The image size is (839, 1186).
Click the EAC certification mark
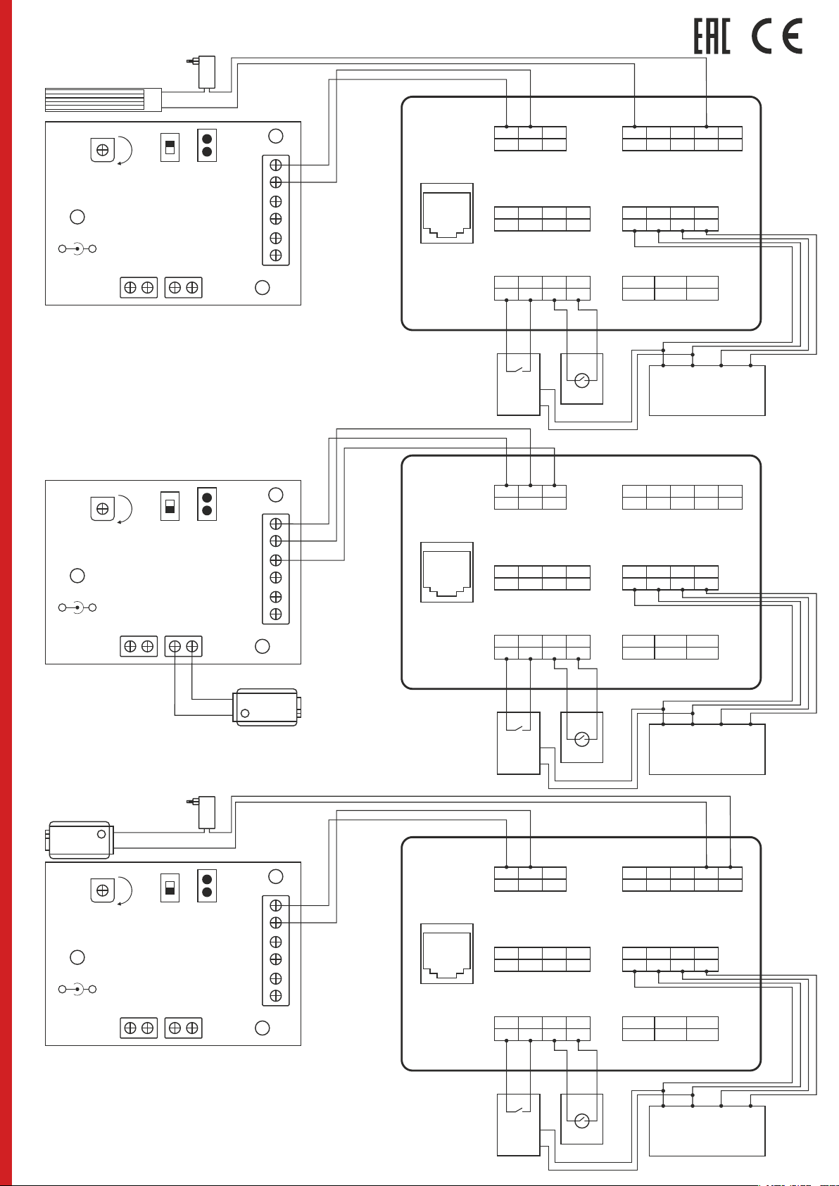(x=712, y=37)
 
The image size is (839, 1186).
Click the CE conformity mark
(x=777, y=37)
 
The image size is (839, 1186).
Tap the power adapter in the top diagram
(x=206, y=72)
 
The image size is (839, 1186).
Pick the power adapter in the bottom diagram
(x=206, y=812)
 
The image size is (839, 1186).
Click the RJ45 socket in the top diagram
(x=447, y=213)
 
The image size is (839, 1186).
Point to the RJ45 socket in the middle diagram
(x=447, y=572)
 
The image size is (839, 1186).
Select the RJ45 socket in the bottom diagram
(x=447, y=954)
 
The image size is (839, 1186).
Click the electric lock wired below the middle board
(x=266, y=707)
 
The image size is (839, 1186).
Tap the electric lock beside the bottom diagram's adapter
(x=80, y=840)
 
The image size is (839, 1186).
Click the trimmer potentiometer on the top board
(x=103, y=150)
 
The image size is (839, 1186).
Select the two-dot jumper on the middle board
(x=207, y=503)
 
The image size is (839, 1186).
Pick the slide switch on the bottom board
(x=170, y=888)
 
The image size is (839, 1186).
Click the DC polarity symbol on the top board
(x=77, y=248)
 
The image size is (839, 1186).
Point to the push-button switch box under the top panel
(x=518, y=384)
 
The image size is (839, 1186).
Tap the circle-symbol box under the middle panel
(x=581, y=738)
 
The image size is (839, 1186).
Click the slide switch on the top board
(x=170, y=147)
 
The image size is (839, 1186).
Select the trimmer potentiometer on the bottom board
(x=103, y=890)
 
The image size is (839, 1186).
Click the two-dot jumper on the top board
(x=207, y=145)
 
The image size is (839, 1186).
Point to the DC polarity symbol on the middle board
(x=77, y=607)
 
